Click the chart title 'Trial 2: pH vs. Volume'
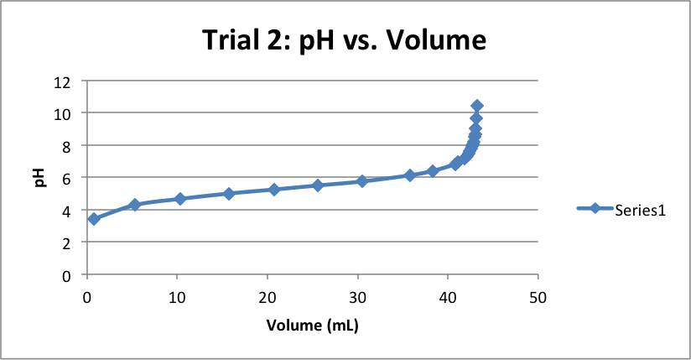[344, 39]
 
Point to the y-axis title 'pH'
[39, 177]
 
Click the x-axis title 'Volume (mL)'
[312, 325]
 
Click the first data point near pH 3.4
[94, 219]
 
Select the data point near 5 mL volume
[134, 205]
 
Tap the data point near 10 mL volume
[179, 199]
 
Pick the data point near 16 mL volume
[229, 194]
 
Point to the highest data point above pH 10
[477, 106]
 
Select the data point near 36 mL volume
[410, 175]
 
